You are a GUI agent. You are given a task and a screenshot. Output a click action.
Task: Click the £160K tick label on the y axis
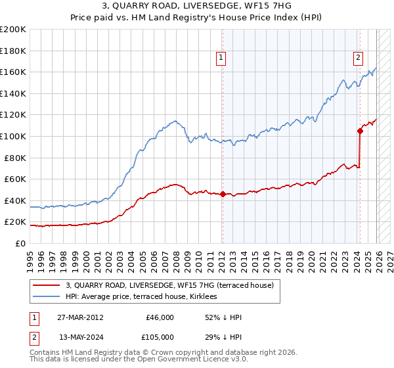[13, 72]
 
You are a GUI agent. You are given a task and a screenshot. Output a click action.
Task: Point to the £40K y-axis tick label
[15, 200]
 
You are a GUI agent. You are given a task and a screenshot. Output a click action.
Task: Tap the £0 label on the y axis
[21, 243]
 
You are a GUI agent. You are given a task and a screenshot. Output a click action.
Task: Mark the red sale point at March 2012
[223, 194]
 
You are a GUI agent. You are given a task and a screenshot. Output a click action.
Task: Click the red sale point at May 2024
[360, 131]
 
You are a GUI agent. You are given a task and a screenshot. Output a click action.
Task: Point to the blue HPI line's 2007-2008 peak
[174, 121]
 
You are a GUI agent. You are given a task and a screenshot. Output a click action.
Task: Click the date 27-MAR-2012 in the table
[80, 317]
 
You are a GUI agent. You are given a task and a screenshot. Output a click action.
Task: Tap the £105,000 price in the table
[160, 337]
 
